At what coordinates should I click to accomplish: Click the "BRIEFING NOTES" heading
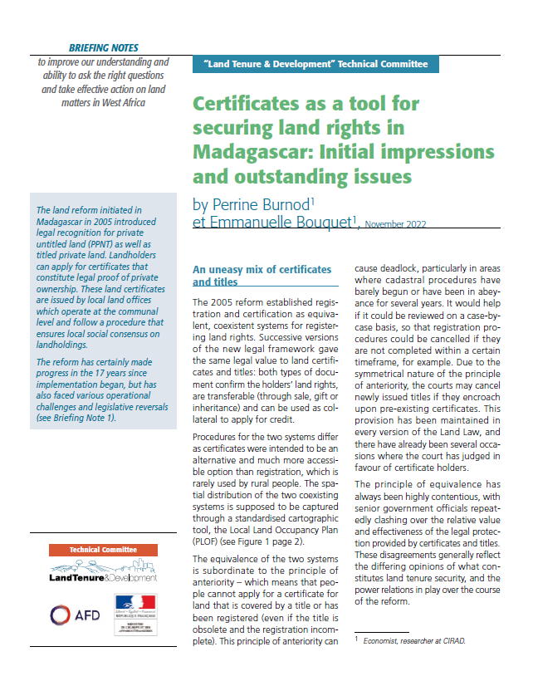[x=104, y=48]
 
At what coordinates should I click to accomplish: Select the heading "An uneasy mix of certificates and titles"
[x=262, y=276]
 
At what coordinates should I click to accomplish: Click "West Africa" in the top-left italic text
[x=125, y=103]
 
